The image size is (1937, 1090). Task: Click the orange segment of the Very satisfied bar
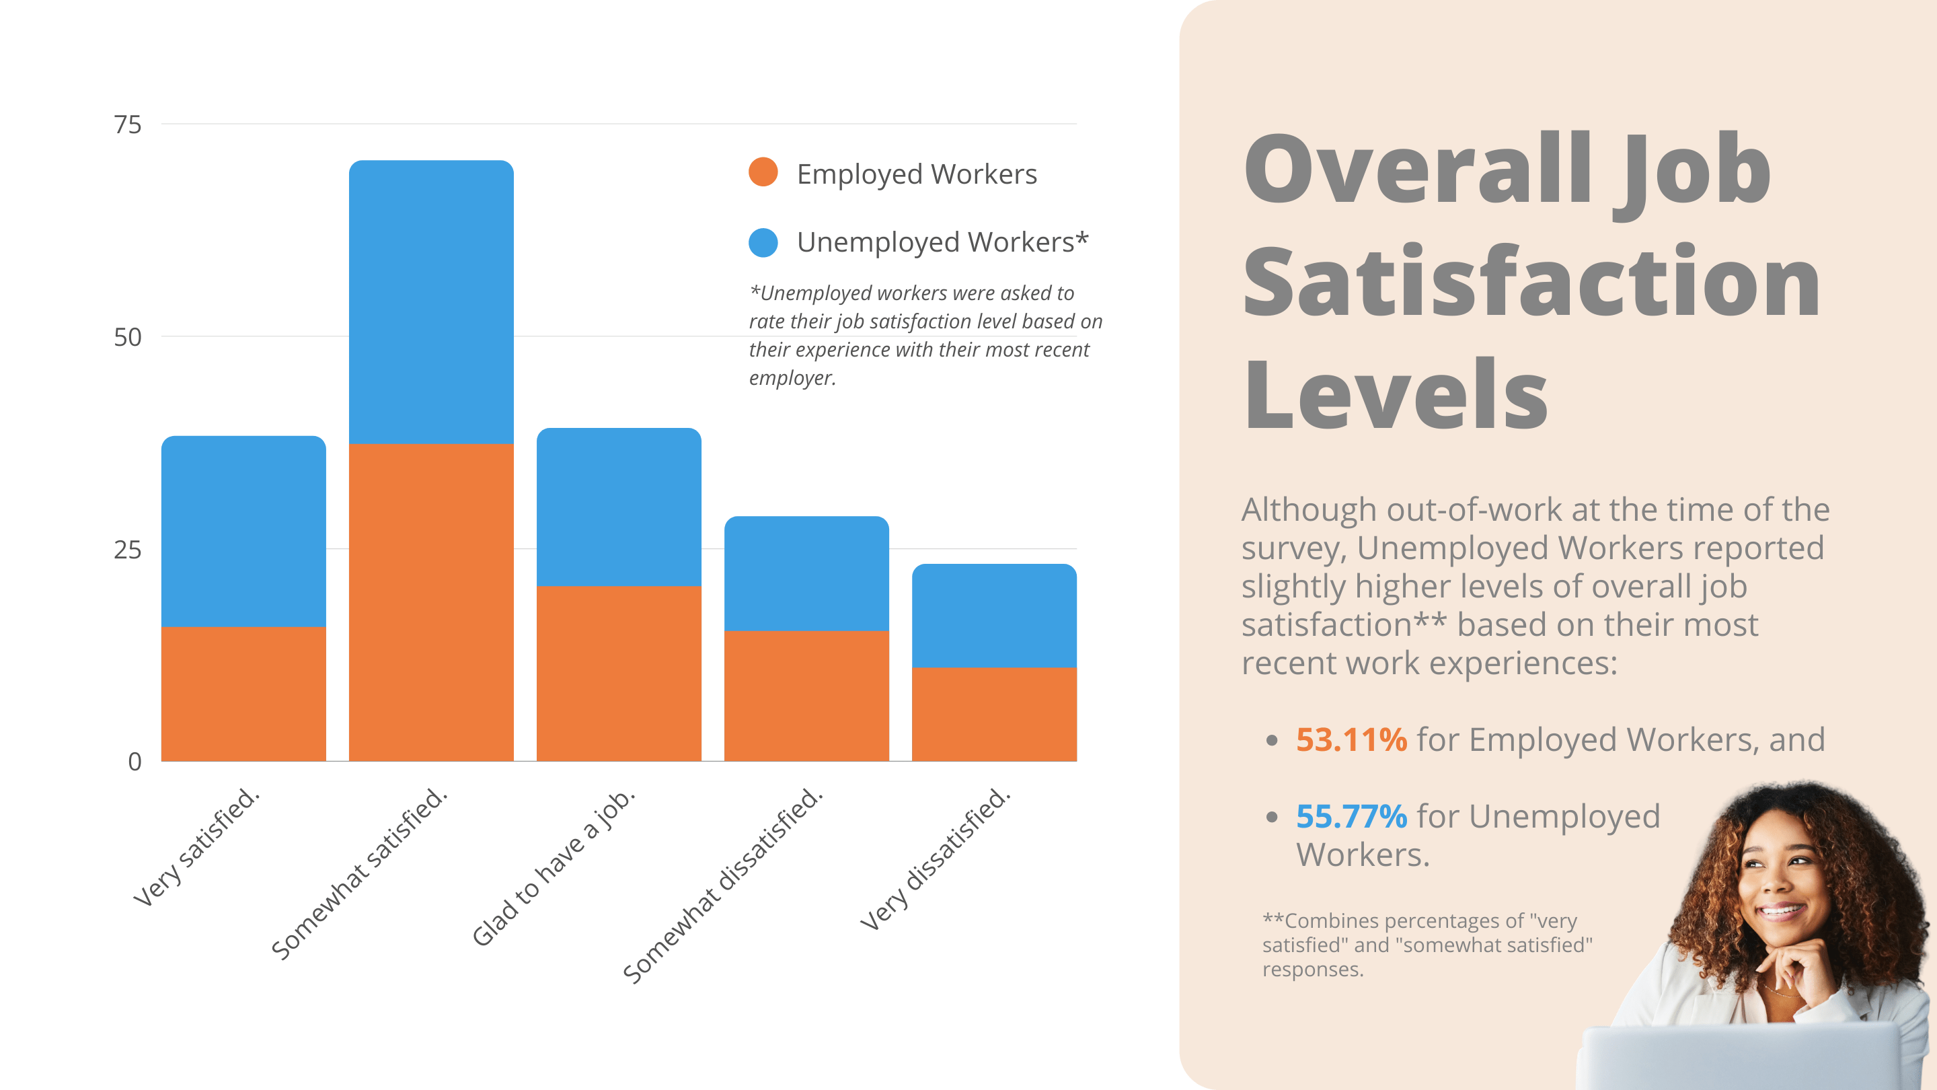[243, 694]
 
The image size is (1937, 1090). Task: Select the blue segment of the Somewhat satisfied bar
[431, 301]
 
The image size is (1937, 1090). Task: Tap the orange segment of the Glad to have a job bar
[619, 674]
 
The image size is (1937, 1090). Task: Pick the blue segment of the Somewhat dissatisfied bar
[806, 573]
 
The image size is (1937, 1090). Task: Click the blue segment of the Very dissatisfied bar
[994, 616]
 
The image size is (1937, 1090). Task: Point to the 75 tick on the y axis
[127, 125]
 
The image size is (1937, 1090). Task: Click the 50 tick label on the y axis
[127, 337]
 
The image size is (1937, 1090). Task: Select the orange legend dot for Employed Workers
[763, 172]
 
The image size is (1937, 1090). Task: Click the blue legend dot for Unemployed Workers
[763, 242]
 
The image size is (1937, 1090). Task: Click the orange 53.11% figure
[1351, 739]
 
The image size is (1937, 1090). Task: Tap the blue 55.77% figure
[1351, 816]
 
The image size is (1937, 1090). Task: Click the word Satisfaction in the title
[1530, 282]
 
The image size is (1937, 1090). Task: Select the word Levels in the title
[1395, 395]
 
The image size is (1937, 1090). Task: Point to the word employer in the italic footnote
[791, 377]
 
